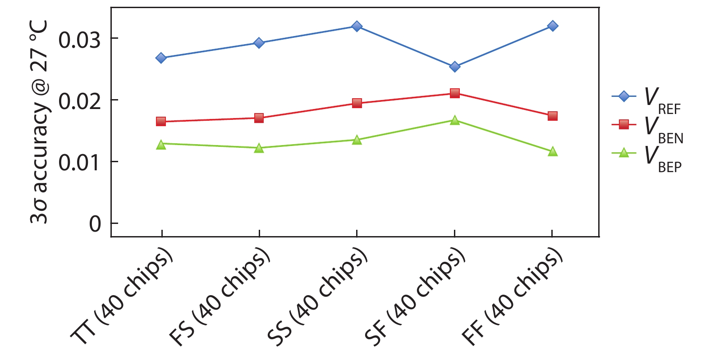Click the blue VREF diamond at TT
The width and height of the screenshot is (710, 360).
pyautogui.click(x=161, y=58)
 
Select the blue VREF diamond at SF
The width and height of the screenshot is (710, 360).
pyautogui.click(x=455, y=67)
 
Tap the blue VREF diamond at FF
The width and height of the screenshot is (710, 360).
pyautogui.click(x=553, y=26)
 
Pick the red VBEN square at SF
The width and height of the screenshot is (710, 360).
pyautogui.click(x=455, y=93)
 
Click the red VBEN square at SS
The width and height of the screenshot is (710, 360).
pyautogui.click(x=357, y=103)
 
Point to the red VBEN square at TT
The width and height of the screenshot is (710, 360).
pyautogui.click(x=161, y=122)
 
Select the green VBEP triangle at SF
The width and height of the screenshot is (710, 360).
pyautogui.click(x=455, y=120)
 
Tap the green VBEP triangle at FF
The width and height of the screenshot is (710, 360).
pyautogui.click(x=553, y=152)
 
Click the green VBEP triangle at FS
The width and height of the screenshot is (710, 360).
pyautogui.click(x=259, y=148)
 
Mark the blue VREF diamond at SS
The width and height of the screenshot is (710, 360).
pyautogui.click(x=357, y=26)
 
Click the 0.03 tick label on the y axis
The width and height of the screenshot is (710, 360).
pyautogui.click(x=79, y=40)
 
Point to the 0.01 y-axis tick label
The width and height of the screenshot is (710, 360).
pyautogui.click(x=79, y=163)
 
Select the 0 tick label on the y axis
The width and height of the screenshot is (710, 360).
pyautogui.click(x=95, y=224)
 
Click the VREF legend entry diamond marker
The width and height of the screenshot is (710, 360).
pyautogui.click(x=624, y=96)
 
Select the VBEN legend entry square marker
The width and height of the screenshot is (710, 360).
pyautogui.click(x=624, y=124)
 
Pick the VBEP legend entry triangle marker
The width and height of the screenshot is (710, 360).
pyautogui.click(x=624, y=153)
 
